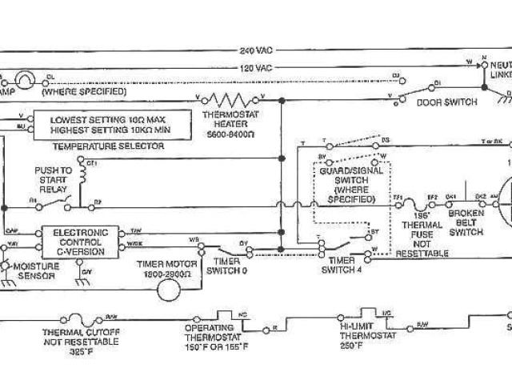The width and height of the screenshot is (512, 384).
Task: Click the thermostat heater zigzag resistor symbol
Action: (x=230, y=100)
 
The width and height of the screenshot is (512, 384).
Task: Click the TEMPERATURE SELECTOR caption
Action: (x=107, y=146)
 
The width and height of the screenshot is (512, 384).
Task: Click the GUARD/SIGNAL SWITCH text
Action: (x=350, y=186)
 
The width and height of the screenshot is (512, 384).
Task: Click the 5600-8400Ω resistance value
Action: (x=229, y=132)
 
